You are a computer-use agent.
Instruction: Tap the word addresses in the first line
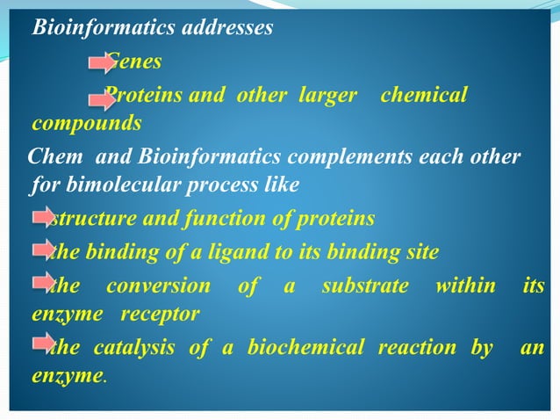coord(226,28)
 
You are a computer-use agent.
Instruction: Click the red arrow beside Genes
coord(102,62)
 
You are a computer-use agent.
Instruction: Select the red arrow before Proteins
coord(102,95)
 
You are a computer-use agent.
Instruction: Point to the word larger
coord(328,95)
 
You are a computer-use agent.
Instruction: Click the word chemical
coord(424,95)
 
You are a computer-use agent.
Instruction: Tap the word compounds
coord(86,121)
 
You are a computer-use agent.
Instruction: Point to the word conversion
coord(159,286)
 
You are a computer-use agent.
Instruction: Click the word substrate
coord(365,286)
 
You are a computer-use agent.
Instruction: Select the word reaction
coord(417,348)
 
